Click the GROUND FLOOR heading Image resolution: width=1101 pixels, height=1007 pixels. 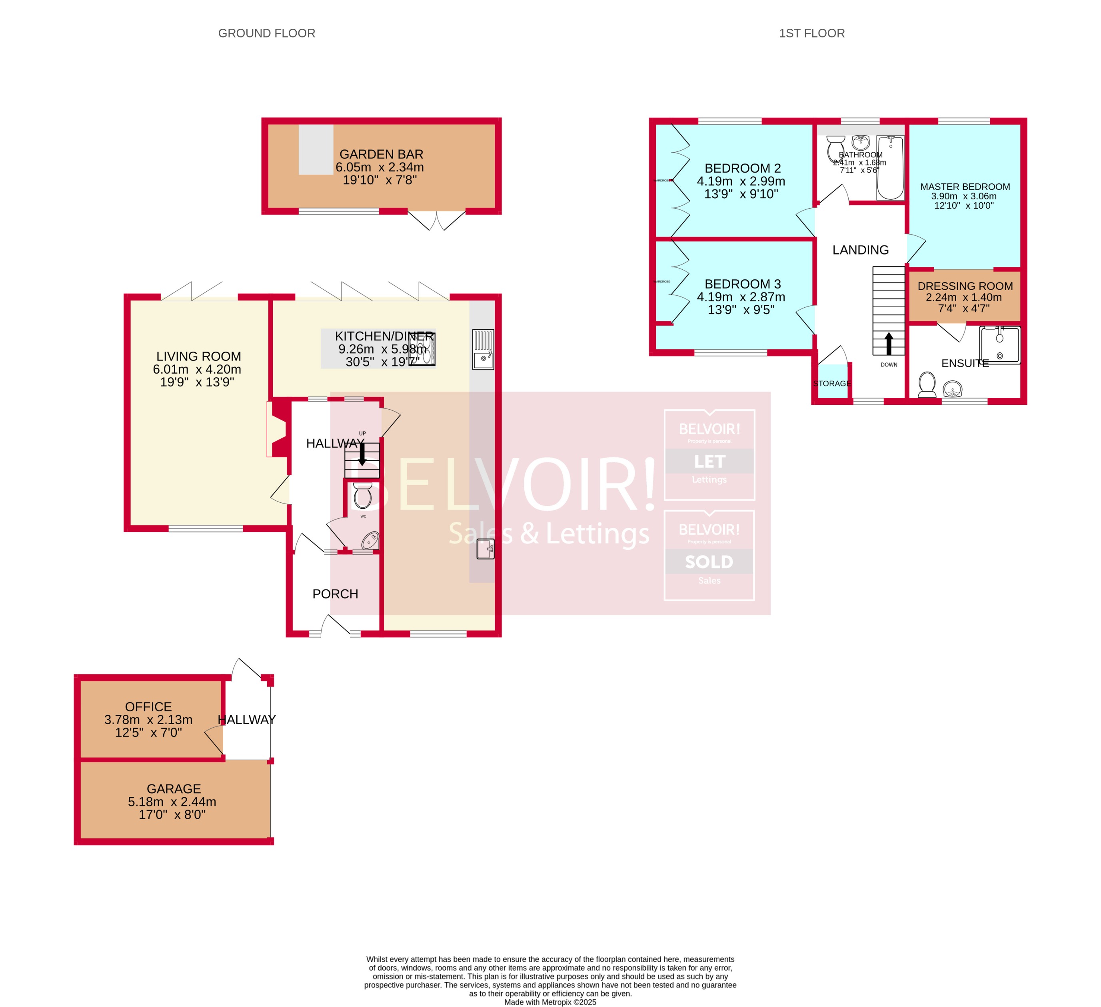[x=266, y=33]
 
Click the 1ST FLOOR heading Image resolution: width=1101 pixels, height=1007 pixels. [x=811, y=33]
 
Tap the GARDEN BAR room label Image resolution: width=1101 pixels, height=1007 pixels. [x=381, y=155]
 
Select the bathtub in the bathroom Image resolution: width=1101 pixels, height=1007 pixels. [x=890, y=168]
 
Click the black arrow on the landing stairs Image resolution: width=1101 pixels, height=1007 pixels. [x=889, y=343]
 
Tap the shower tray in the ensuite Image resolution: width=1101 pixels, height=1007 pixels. [x=999, y=345]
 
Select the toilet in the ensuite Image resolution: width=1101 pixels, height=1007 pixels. [x=927, y=384]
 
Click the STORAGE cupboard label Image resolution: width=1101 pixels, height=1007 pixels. [x=832, y=384]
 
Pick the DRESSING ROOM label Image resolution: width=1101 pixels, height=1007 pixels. [x=965, y=286]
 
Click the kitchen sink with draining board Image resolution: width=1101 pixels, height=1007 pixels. [x=483, y=349]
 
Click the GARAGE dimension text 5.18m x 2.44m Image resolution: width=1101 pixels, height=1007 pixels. [x=172, y=802]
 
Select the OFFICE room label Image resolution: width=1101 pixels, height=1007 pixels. [x=148, y=707]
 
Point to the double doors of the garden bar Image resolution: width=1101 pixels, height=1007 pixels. [x=436, y=219]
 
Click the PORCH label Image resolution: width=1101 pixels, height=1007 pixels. [x=335, y=594]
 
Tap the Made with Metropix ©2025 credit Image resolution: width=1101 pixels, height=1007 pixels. [x=550, y=1002]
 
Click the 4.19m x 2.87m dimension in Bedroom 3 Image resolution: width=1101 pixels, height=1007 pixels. [x=741, y=297]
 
